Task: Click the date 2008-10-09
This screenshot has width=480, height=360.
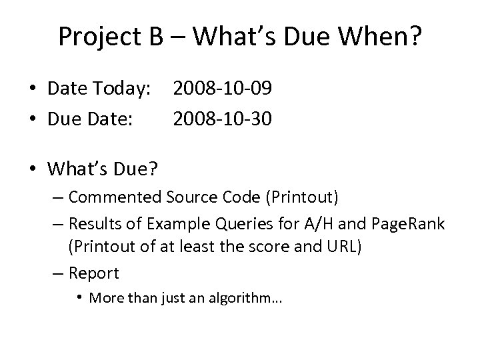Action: tap(222, 87)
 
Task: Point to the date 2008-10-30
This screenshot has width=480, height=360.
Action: tap(222, 119)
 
